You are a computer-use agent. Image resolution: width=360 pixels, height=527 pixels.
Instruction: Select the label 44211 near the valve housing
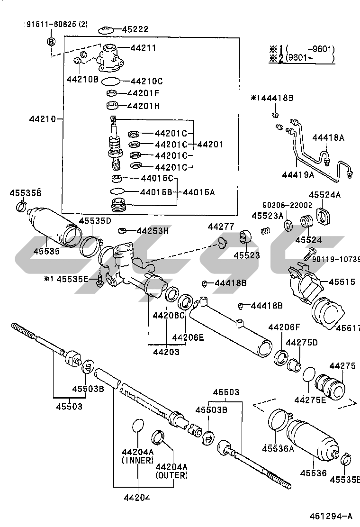coord(143,48)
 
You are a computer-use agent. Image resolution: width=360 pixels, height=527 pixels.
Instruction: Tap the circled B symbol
coord(51,42)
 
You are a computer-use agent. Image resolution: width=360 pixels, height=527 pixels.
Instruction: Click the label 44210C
coord(146,81)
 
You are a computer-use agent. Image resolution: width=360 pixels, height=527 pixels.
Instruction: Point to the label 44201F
coord(143,93)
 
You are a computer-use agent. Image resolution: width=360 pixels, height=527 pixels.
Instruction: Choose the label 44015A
coord(199,192)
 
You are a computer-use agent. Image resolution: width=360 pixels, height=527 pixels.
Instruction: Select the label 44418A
coord(328,138)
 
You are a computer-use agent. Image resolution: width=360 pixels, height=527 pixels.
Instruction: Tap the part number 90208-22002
coord(288,205)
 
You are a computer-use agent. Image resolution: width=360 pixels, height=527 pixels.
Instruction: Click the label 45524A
coord(325,195)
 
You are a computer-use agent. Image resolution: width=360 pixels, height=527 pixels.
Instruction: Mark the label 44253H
coord(153,231)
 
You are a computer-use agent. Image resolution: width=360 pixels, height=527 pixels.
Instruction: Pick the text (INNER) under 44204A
coord(138,460)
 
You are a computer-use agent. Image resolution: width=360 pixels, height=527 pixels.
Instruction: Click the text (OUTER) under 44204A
coord(171,475)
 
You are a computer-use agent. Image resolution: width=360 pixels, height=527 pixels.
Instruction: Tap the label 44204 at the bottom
coord(137,498)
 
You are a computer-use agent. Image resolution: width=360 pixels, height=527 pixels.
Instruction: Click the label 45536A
coord(278,448)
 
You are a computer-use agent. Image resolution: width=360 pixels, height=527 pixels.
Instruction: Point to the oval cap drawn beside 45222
coord(105,31)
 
